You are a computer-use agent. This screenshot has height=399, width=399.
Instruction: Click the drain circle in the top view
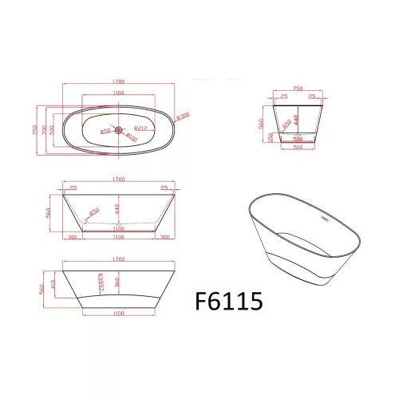click(118, 128)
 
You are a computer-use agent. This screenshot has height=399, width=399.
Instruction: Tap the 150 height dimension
click(271, 137)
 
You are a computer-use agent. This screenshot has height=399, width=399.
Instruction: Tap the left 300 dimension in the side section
click(73, 237)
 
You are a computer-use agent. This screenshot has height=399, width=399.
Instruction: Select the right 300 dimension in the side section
click(165, 237)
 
